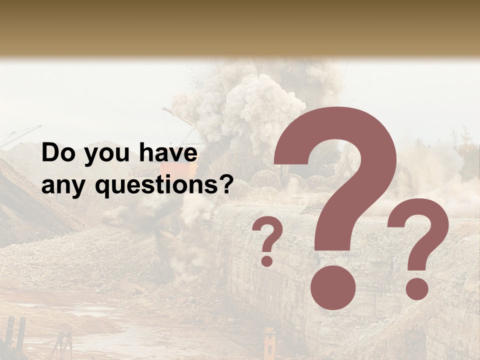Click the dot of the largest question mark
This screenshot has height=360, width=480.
pos(333,287)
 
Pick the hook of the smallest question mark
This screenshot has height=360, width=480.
pos(268,235)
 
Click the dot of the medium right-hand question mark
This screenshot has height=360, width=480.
pos(416,289)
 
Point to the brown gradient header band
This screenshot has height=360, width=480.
pos(240,27)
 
